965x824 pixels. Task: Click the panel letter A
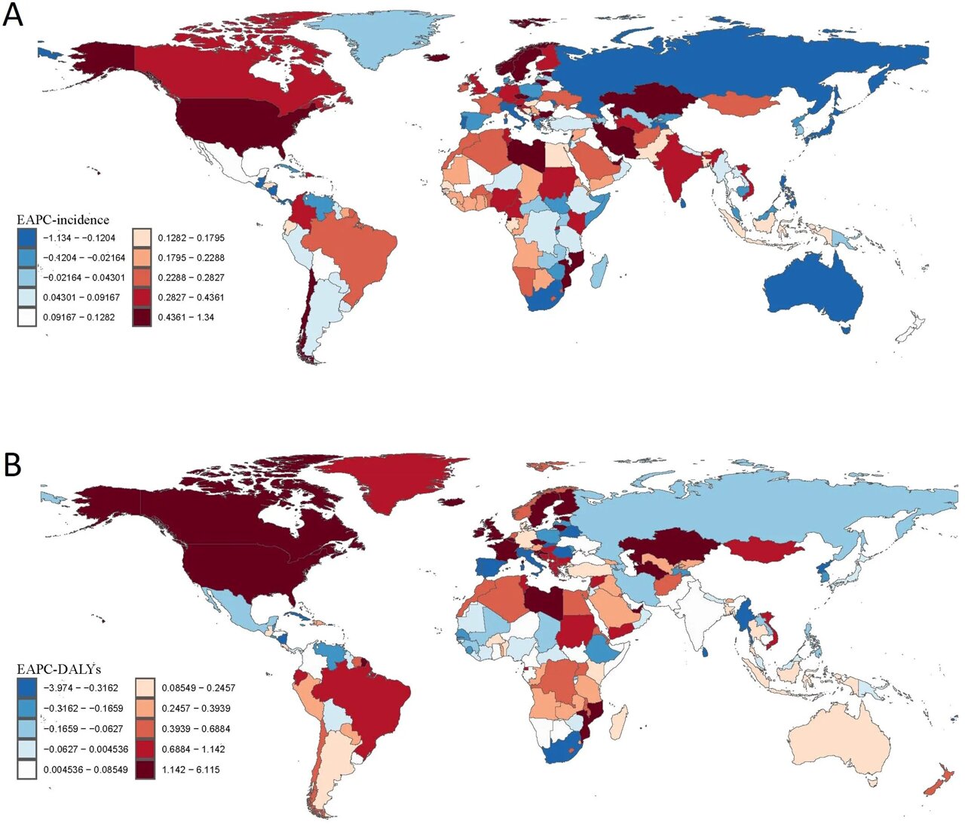pos(14,14)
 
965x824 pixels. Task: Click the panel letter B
pos(13,465)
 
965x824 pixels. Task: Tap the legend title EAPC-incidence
pos(63,220)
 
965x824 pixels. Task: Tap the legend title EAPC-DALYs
pos(59,669)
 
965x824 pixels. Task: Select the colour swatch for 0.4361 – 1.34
pos(142,317)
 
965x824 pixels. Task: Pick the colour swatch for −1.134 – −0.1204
pos(26,238)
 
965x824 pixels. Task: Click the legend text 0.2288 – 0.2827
pos(191,278)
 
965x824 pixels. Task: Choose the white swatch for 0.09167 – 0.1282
pos(26,317)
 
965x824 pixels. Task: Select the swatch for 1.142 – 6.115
pos(145,770)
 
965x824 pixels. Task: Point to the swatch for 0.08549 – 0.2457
pos(145,688)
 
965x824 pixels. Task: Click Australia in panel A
pos(814,291)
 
